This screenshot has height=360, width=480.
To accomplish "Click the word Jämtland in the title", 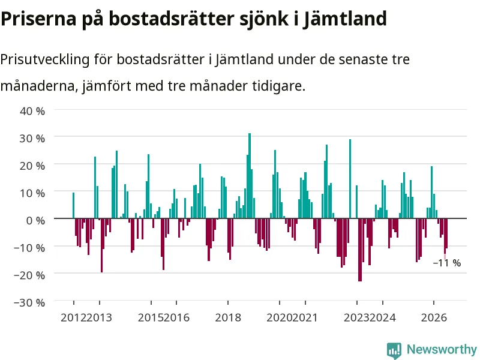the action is point(345,19).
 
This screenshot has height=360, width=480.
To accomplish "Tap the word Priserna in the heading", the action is point(38,19).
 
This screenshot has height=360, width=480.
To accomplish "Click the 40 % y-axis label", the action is point(32,111).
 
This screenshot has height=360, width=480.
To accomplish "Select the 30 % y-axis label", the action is point(32,138).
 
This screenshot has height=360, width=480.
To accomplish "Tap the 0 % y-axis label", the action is point(36,220).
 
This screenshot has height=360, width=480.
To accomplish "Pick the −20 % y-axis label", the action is point(29,275).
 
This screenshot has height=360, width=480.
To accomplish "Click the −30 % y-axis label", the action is point(29,302).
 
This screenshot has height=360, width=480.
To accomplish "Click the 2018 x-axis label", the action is point(228,317).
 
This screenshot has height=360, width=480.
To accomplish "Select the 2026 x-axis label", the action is point(434,317).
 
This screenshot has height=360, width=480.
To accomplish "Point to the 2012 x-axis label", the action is point(73,317).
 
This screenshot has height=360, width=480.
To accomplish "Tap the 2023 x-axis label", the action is point(357,317).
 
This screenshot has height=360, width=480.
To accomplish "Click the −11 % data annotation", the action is point(447,263).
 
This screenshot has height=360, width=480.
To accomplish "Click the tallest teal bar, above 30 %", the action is point(250,176).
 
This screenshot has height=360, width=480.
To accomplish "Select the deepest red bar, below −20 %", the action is point(360,250).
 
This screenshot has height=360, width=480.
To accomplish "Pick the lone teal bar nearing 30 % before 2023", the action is point(350,179).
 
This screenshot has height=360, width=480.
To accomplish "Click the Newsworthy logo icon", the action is point(394,350).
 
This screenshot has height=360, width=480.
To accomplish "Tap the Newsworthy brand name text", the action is point(442,349).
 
